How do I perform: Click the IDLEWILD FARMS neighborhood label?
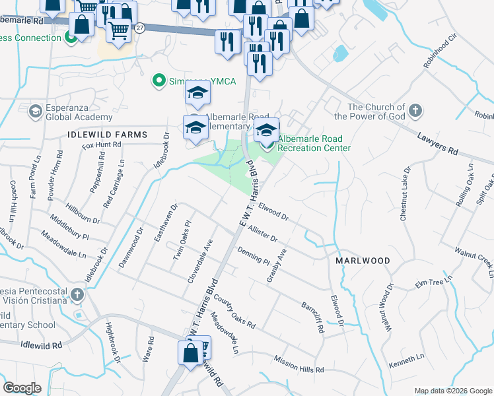107,135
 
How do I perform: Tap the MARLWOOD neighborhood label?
363,261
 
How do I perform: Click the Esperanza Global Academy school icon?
33,112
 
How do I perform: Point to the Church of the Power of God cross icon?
415,110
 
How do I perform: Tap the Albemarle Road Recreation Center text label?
314,143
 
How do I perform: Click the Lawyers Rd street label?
437,143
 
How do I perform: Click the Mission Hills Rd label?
298,364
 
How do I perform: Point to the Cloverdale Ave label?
199,262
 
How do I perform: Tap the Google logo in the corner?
22,387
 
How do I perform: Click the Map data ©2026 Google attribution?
452,391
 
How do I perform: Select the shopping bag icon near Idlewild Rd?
190,352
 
